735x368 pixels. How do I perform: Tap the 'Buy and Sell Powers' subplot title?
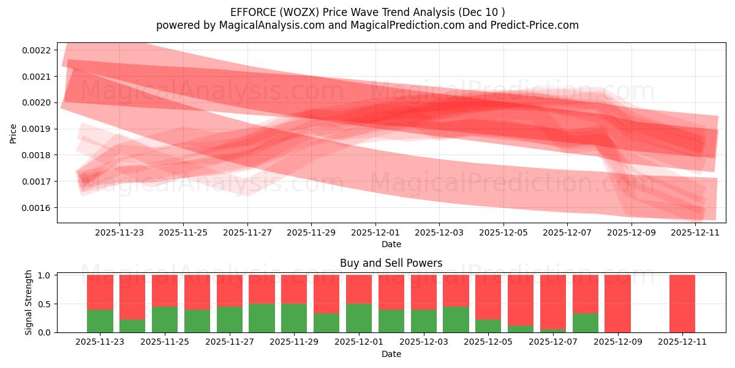point(391,263)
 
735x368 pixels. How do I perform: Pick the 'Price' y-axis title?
point(13,133)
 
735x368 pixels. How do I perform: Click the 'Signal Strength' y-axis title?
point(28,303)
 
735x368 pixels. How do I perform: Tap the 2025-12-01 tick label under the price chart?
point(375,232)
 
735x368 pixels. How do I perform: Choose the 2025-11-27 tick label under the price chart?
point(247,232)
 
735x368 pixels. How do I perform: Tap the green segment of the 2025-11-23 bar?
point(100,321)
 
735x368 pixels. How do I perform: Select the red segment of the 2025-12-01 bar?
point(359,289)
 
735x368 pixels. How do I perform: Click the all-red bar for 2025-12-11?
point(682,304)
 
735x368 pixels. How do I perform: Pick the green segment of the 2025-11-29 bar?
point(294,318)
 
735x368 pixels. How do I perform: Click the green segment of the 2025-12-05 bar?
point(488,326)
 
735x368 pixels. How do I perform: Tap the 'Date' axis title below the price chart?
point(391,244)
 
